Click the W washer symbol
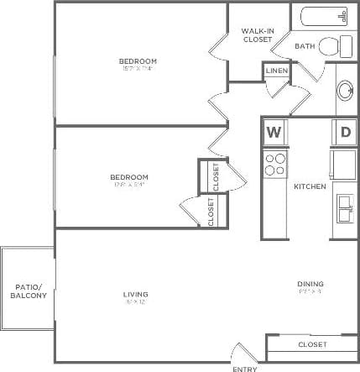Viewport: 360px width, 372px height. point(274,132)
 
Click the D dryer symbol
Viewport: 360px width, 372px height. point(344,132)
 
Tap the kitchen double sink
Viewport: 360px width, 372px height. point(344,206)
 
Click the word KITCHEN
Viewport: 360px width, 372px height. point(309,186)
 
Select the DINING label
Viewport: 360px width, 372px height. point(310,283)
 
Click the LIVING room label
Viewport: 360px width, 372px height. point(135,294)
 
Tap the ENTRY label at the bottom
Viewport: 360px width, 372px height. point(244,368)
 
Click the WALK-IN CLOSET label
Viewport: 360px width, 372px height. point(257,35)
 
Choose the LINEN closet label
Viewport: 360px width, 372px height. point(276,71)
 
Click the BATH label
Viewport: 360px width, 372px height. point(304,46)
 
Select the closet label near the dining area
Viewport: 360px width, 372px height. point(312,344)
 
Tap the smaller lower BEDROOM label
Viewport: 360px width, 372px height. point(130,177)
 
